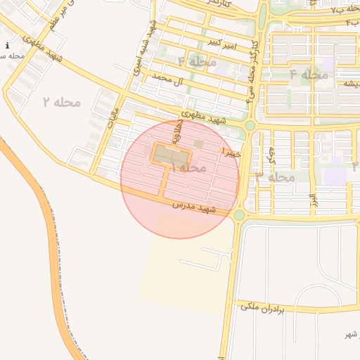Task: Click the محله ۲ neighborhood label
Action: (x=61, y=103)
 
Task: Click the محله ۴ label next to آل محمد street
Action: (x=198, y=62)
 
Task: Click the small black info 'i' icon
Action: (x=7, y=46)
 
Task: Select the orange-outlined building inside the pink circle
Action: (x=172, y=154)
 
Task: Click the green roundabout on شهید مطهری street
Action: (x=250, y=125)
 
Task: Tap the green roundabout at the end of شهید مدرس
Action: (x=239, y=214)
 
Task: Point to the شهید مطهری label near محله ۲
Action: (x=42, y=48)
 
